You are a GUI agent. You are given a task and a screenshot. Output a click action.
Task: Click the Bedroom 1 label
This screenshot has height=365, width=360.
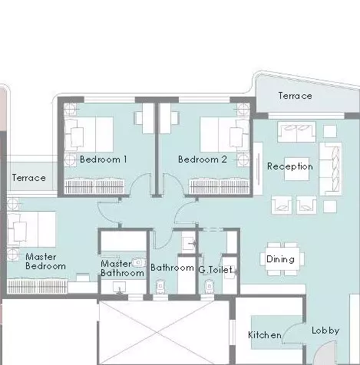(104, 159)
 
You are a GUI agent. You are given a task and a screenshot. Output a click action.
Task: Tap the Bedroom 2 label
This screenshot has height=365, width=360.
(203, 159)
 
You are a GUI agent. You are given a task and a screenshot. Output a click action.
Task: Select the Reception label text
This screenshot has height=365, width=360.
(290, 166)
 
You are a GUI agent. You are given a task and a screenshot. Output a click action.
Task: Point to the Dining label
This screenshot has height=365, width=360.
(280, 259)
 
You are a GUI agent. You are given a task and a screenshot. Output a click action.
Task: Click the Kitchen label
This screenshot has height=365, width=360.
(265, 335)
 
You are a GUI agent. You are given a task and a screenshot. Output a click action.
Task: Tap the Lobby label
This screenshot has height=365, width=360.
(325, 330)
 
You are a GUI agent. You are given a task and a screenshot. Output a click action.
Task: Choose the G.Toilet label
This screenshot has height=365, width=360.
(216, 270)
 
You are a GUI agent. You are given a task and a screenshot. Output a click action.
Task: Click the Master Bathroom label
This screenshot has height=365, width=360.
(122, 268)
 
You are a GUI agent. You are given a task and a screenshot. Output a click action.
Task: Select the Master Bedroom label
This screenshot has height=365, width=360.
(45, 261)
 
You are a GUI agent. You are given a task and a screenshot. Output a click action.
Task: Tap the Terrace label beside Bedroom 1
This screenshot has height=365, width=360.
(29, 178)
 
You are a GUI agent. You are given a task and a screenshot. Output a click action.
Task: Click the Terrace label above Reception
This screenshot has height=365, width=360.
(295, 96)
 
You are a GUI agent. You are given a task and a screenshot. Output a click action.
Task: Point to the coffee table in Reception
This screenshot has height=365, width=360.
(297, 169)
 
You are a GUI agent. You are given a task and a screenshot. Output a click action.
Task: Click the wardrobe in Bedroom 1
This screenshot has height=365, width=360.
(94, 186)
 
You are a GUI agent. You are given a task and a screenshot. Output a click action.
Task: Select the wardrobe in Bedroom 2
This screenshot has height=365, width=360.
(219, 186)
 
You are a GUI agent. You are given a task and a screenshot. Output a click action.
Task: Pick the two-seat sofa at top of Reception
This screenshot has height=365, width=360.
(296, 132)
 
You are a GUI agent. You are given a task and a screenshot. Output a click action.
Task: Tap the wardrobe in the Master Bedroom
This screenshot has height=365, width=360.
(38, 287)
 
